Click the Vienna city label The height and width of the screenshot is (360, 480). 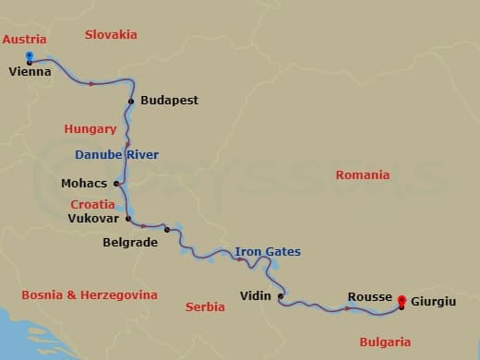coord(30,71)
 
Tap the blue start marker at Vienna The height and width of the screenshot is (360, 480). coord(30,56)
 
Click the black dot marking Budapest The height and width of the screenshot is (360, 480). coord(132,101)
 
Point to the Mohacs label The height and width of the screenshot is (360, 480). coord(84,183)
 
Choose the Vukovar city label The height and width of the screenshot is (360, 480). coord(93,219)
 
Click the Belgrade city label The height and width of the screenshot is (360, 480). coord(130,243)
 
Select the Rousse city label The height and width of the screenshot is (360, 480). coord(369,296)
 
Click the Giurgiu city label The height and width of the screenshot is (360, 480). coord(433,301)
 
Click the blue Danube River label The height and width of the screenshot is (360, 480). coord(116,154)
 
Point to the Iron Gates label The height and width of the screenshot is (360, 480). coord(267,251)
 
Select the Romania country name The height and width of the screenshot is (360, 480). coord(362,174)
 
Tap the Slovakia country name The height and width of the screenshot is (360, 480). coord(111,34)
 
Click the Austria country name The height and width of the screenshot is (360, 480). coord(24,39)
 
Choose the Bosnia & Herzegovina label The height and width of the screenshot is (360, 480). coord(90,294)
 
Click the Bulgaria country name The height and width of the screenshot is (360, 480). coord(384,342)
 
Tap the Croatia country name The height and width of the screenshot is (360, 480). coord(92,204)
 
